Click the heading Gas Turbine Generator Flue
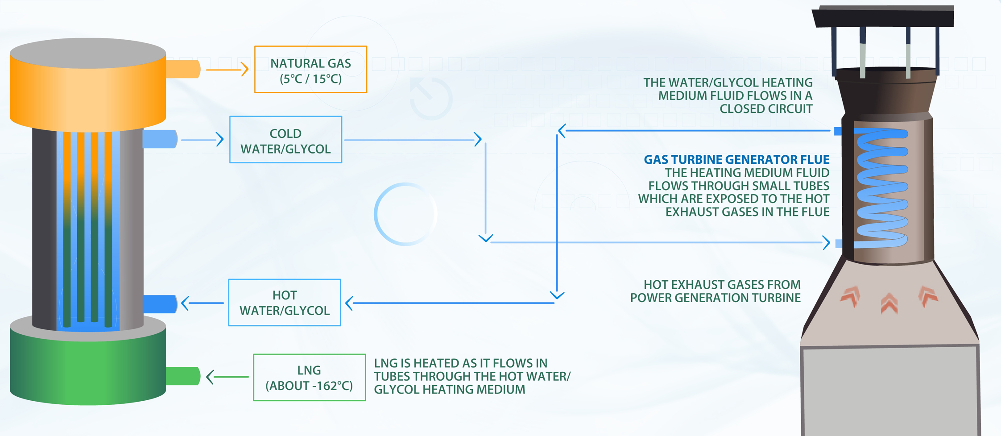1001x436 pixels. click(x=736, y=159)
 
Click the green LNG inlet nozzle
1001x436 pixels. click(x=183, y=376)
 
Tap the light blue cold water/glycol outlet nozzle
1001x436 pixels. click(x=161, y=139)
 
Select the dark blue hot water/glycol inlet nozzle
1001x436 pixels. click(x=161, y=304)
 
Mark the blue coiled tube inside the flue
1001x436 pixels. click(x=881, y=187)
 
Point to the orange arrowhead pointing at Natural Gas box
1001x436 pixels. click(x=244, y=69)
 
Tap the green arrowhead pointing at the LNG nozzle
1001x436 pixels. click(x=210, y=377)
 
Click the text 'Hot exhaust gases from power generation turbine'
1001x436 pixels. click(x=716, y=291)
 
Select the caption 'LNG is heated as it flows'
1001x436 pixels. click(x=460, y=363)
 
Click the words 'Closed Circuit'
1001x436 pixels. click(x=766, y=109)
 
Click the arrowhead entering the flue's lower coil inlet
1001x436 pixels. click(x=826, y=243)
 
